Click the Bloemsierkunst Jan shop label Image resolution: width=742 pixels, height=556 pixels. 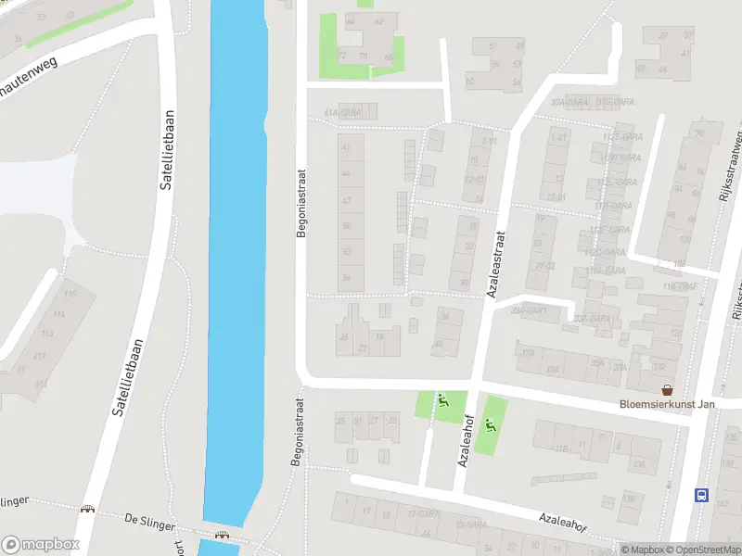667,404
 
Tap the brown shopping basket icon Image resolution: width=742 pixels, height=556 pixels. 666,389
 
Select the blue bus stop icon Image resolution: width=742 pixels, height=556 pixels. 702,495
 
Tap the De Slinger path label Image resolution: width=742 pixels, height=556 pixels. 149,524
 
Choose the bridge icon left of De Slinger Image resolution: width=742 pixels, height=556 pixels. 88,509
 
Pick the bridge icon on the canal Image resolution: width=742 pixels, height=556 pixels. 222,535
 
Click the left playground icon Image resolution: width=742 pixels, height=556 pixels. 443,402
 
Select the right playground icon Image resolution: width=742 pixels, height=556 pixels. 491,427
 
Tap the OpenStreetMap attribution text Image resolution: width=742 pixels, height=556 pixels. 702,550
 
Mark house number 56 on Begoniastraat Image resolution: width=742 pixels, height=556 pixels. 347,278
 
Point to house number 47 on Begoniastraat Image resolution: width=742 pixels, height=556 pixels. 347,201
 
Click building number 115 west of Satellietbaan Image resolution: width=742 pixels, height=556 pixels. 70,294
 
